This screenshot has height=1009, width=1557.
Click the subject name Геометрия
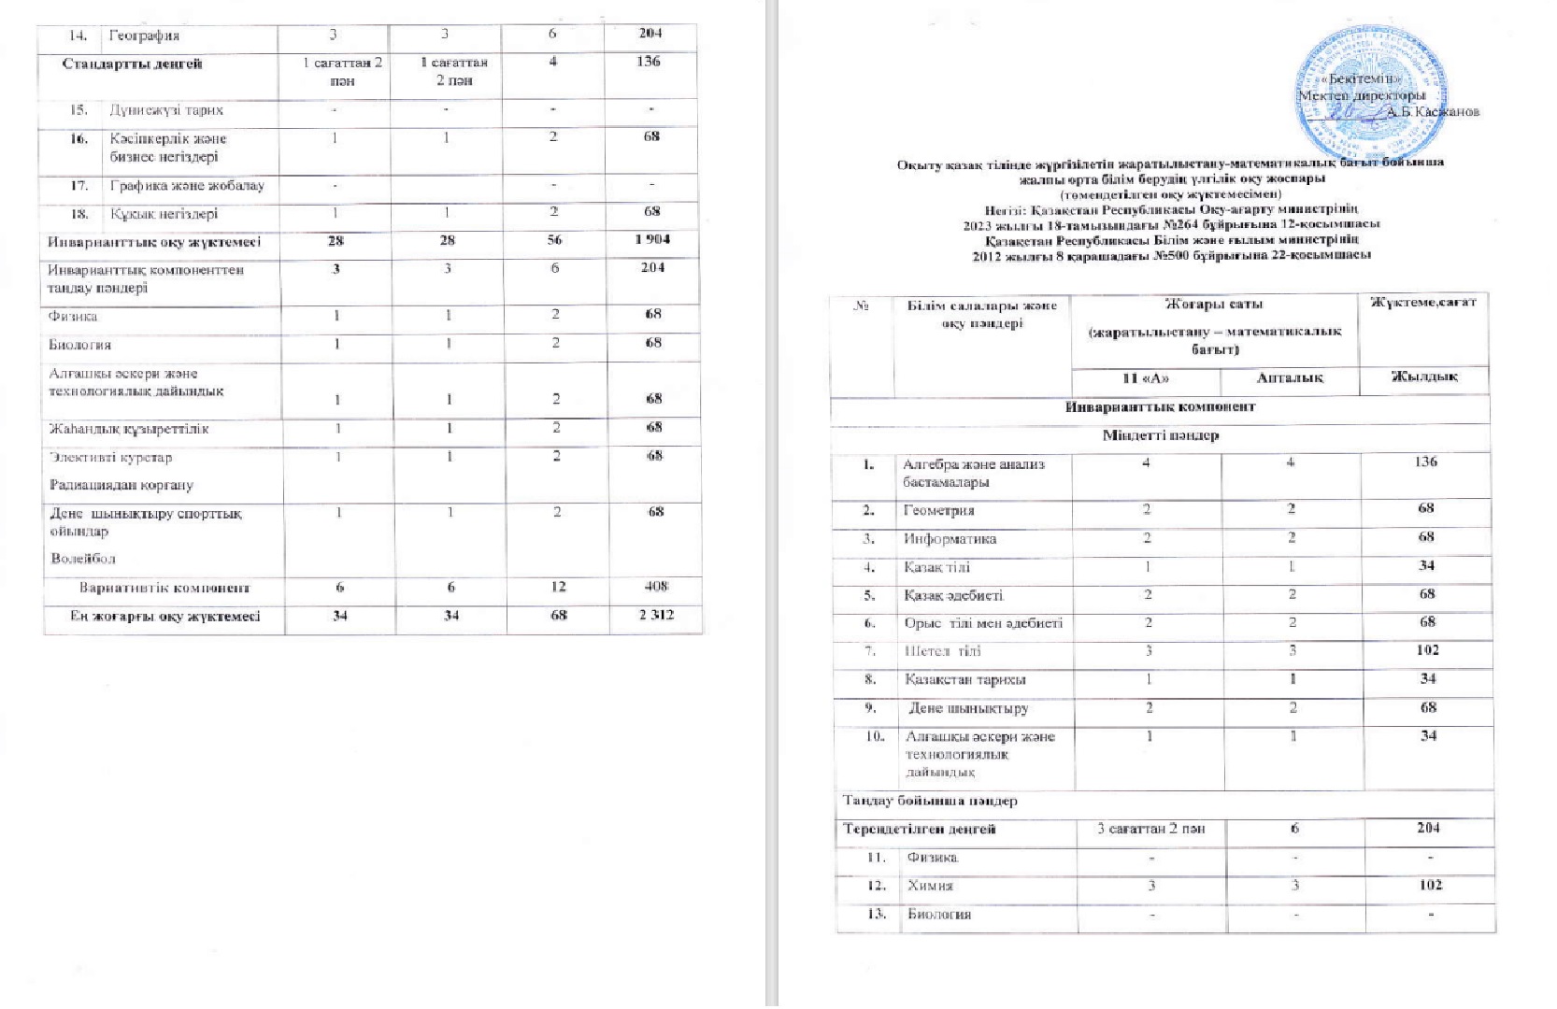[x=938, y=511]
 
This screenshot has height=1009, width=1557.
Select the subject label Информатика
[x=950, y=539]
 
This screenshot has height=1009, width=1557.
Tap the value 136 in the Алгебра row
[x=1425, y=462]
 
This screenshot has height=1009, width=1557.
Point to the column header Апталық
[x=1290, y=378]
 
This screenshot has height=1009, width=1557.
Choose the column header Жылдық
[x=1424, y=377]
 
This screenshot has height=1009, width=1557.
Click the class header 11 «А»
[x=1145, y=378]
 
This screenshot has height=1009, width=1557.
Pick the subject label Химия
[x=930, y=886]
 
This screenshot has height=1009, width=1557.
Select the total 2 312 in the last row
[x=656, y=615]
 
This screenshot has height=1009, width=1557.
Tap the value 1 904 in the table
[x=651, y=240]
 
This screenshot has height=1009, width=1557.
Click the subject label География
[x=144, y=36]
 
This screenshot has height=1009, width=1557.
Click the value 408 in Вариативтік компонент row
[x=656, y=587]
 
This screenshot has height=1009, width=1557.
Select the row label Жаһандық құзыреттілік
[x=128, y=429]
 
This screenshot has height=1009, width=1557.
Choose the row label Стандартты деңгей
[x=132, y=64]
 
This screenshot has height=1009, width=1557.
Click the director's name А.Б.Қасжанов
[x=1432, y=112]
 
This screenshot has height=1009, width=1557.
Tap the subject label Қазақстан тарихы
[x=964, y=679]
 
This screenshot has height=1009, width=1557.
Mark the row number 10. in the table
[x=874, y=736]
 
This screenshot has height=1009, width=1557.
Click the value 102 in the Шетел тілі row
[x=1427, y=650]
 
